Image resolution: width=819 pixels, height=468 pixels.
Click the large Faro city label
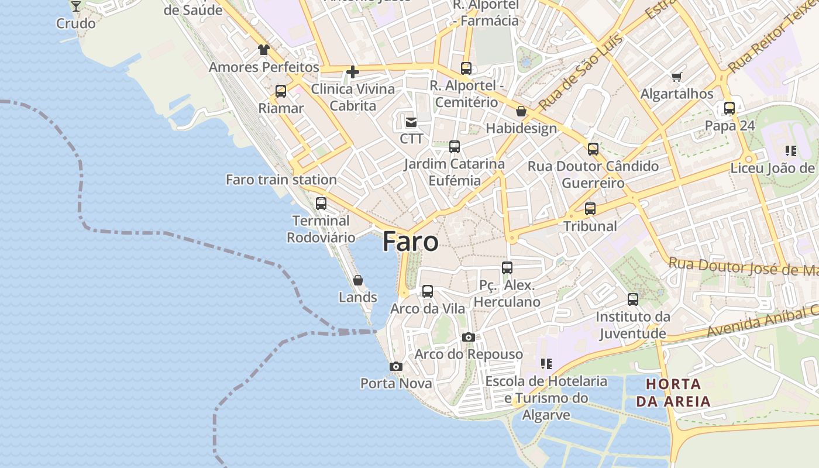(410, 242)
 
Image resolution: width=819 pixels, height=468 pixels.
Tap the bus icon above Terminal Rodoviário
(321, 204)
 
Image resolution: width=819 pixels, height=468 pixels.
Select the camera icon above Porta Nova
(396, 367)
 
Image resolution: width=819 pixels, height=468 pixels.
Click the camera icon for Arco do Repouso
(468, 337)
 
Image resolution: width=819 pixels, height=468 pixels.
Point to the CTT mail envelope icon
(411, 122)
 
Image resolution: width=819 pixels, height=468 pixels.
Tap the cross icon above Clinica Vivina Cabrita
(353, 72)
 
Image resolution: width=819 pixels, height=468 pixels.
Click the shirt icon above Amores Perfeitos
(264, 50)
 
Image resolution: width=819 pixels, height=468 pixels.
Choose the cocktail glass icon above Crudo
(75, 6)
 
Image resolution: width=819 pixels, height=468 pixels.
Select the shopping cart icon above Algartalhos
(677, 77)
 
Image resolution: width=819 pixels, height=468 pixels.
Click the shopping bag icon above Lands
(358, 280)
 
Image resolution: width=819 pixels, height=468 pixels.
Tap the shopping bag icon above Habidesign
(521, 111)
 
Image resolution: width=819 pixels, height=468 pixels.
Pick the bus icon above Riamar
(281, 91)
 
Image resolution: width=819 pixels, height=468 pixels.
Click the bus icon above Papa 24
(729, 108)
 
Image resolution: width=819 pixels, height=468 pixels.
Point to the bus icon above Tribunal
(590, 209)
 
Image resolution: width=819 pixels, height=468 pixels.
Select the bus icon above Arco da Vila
(428, 291)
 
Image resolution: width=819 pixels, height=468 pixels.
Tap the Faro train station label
(281, 180)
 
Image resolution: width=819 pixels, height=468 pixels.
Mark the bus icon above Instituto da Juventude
(633, 300)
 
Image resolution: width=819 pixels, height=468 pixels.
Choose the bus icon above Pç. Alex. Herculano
(507, 268)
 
